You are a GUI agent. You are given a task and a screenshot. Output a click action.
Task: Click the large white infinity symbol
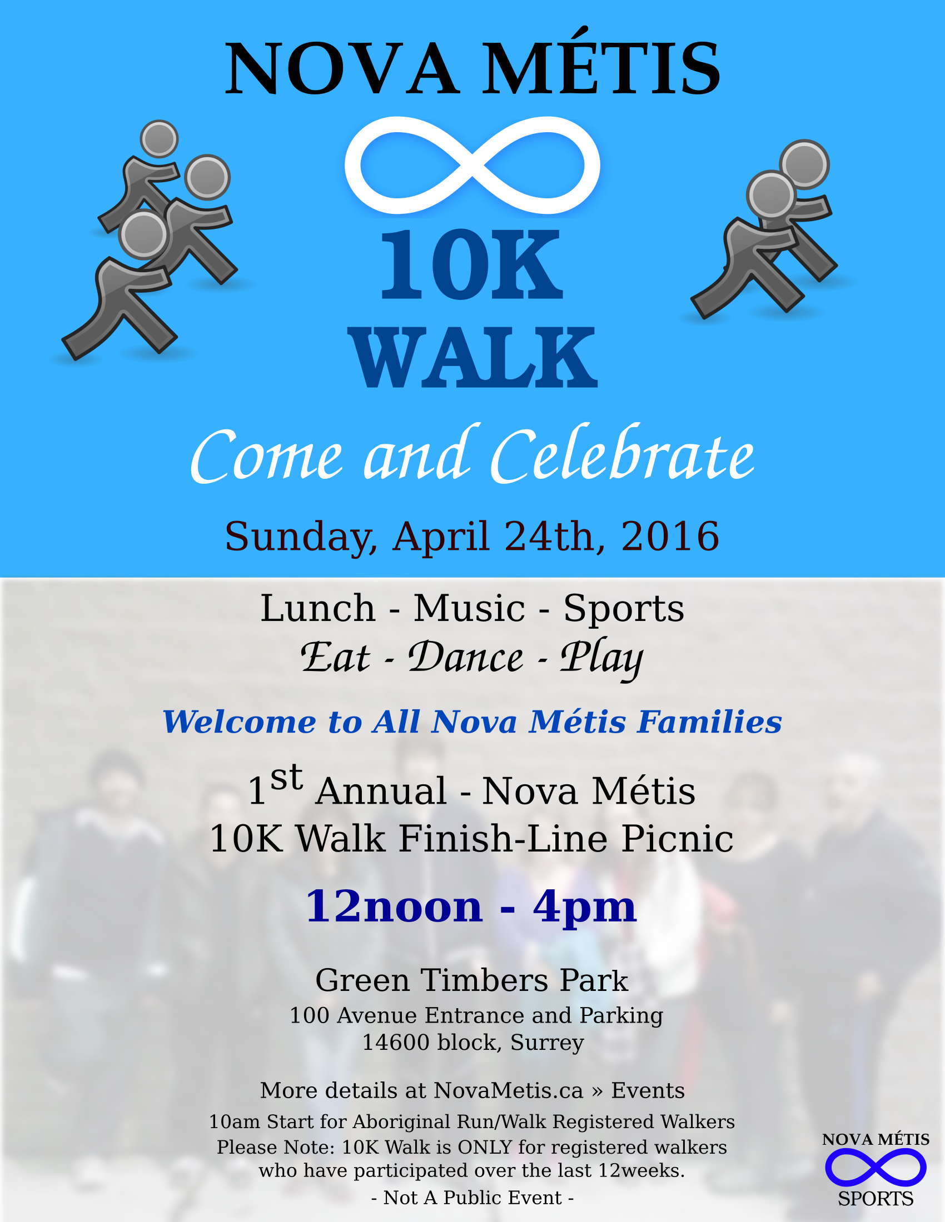(472, 165)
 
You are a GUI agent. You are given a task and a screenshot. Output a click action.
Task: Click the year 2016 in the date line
(670, 536)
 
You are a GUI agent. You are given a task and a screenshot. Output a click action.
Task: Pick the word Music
(469, 608)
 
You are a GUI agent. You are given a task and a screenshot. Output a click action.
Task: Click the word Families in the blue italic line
(709, 722)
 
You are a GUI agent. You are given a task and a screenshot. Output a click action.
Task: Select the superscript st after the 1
(286, 778)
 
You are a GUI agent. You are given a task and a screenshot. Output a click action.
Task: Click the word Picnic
(678, 839)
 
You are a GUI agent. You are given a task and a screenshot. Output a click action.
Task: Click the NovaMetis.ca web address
(508, 1090)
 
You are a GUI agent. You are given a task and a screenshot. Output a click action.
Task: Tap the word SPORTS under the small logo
(875, 1199)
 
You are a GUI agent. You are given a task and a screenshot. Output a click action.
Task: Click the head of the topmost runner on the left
(159, 138)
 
